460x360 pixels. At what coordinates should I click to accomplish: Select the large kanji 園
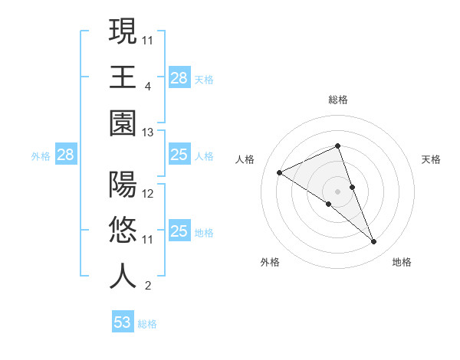pos(123,122)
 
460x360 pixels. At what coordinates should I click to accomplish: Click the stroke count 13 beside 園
pos(148,133)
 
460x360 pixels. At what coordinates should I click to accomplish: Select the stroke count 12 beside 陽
pos(148,194)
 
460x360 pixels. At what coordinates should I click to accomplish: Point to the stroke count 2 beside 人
pos(147,286)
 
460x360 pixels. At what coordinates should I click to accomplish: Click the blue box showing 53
pos(123,322)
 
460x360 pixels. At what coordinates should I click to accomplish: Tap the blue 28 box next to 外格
pos(66,155)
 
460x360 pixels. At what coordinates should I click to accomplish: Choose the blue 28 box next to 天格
pos(179,77)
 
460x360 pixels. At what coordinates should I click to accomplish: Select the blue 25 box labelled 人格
pos(179,155)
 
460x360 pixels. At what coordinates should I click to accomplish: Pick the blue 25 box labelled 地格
pos(179,232)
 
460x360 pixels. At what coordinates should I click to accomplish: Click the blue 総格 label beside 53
pos(147,324)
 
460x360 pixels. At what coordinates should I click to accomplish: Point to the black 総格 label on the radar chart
pos(338,100)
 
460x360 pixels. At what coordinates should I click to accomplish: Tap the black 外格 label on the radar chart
pos(270,262)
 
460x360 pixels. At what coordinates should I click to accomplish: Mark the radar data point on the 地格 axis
pos(374,242)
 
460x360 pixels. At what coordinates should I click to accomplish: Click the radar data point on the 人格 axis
pos(280,172)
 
